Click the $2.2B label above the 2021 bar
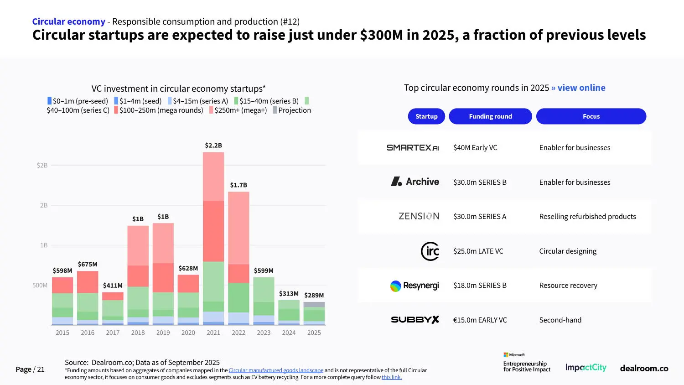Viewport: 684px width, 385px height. (x=213, y=146)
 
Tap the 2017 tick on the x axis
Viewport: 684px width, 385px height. (x=113, y=333)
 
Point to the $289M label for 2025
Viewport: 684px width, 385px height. (x=314, y=295)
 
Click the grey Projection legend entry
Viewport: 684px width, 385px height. (x=292, y=110)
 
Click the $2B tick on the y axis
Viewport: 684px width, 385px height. (x=42, y=166)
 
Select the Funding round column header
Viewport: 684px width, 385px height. (x=490, y=116)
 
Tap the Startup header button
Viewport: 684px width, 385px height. (x=426, y=116)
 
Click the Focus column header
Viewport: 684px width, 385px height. (x=591, y=116)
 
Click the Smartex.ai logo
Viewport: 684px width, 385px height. (x=413, y=148)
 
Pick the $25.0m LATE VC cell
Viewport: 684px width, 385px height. (x=478, y=251)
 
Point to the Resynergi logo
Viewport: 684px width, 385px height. (x=414, y=286)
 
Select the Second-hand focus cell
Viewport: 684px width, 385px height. (x=560, y=320)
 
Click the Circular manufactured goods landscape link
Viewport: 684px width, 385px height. (x=276, y=370)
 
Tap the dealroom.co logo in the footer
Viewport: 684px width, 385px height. (x=644, y=368)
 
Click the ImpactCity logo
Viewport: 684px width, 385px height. (x=586, y=368)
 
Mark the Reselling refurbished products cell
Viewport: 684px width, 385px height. (x=587, y=217)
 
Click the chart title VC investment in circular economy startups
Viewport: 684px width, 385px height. (x=178, y=88)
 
